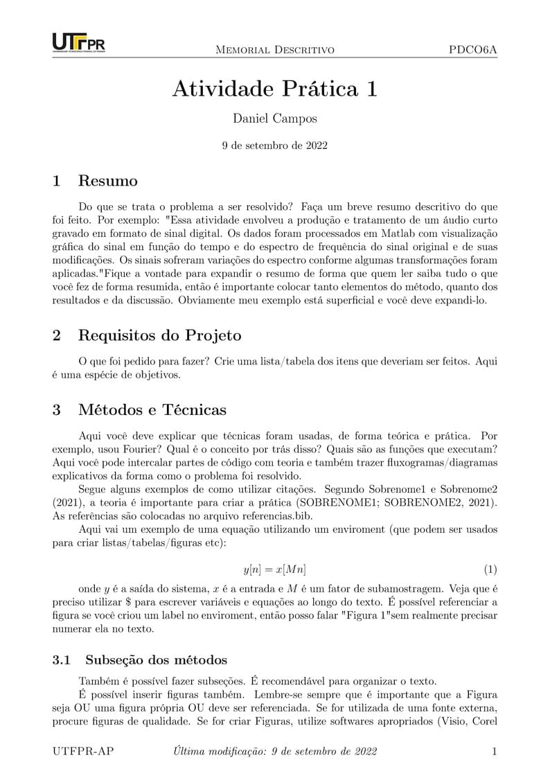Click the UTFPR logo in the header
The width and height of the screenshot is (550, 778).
point(78,42)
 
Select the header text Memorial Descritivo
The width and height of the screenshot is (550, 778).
point(275,50)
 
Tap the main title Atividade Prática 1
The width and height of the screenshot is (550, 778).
point(275,89)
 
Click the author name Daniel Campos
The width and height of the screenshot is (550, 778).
point(275,118)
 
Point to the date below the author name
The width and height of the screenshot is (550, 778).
point(275,145)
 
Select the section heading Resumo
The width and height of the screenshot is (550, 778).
point(107,182)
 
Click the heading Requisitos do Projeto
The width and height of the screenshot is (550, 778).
point(159,335)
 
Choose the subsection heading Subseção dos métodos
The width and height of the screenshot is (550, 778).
point(156,660)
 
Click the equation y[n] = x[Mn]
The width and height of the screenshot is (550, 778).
point(275,569)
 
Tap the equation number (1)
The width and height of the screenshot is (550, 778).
point(490,569)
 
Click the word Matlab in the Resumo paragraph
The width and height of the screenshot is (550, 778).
point(345,233)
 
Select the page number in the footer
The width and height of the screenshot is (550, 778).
point(494,751)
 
